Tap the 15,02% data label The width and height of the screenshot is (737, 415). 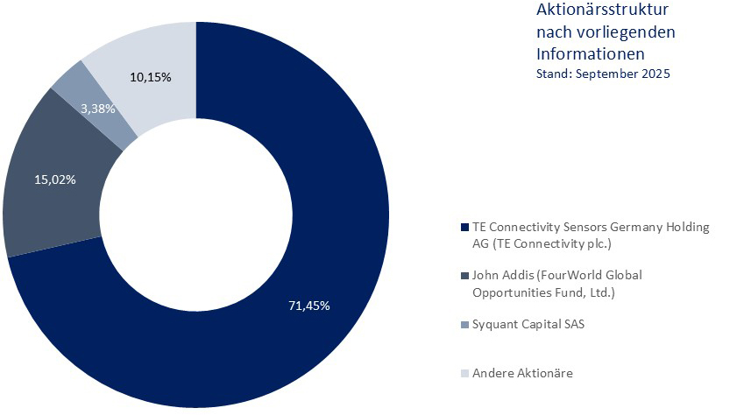click(54, 179)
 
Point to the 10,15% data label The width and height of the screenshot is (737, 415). click(150, 77)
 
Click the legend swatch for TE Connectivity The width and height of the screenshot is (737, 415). click(464, 228)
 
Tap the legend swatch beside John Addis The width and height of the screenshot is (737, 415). click(464, 276)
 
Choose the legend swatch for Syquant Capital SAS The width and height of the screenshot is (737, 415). click(464, 325)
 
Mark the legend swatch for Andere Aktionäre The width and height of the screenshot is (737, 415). click(464, 374)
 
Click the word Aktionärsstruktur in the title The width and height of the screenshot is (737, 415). click(592, 11)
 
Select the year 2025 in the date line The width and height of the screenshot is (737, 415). click(655, 74)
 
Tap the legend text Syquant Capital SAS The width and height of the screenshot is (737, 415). click(528, 324)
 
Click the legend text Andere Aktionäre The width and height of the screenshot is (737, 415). click(522, 373)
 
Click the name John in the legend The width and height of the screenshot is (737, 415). click(486, 275)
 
